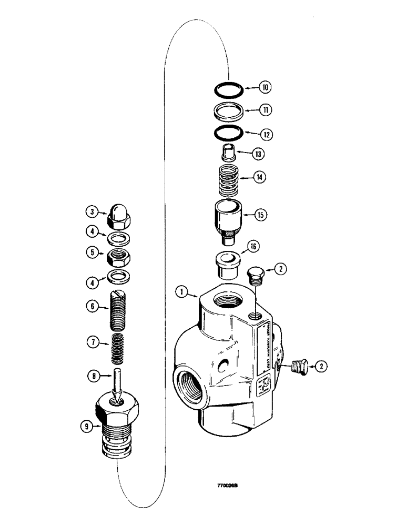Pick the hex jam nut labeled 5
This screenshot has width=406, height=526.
(x=118, y=258)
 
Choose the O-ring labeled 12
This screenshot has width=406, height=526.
(x=229, y=134)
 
